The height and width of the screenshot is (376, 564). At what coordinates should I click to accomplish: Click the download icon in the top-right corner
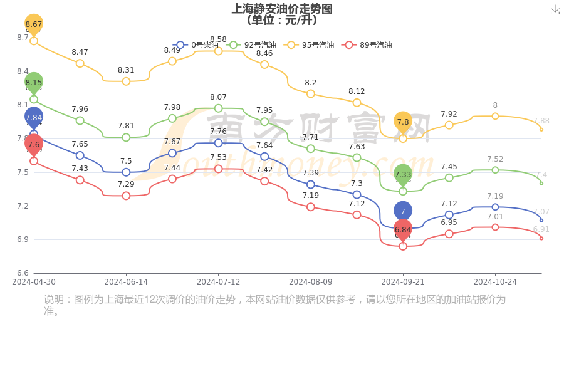tap(555, 9)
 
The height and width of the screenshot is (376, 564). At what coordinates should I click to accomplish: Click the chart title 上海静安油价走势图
tap(282, 9)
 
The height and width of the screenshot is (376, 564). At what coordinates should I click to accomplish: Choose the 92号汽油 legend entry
tap(252, 45)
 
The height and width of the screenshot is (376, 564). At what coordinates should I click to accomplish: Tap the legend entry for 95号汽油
tap(310, 45)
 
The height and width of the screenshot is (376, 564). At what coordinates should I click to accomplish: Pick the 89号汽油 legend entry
tap(367, 45)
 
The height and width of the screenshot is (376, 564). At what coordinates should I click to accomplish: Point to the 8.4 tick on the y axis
tap(23, 71)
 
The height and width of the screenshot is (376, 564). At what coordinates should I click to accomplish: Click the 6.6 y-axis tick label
tap(23, 273)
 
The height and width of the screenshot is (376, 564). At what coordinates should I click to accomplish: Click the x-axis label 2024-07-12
tap(218, 282)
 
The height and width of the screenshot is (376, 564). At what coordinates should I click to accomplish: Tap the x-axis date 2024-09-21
tap(403, 282)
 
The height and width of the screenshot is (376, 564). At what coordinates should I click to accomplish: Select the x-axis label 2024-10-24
tap(495, 282)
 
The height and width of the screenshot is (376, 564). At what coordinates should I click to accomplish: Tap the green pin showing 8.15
tap(34, 82)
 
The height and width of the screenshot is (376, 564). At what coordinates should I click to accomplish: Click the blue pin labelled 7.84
tap(34, 117)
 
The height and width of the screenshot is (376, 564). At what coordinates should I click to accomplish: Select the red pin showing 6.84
tap(403, 230)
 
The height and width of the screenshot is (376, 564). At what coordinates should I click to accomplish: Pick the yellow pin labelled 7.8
tap(403, 122)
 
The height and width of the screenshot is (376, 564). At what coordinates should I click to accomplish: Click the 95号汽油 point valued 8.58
tap(218, 51)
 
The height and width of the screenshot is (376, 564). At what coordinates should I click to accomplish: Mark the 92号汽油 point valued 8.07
tap(218, 108)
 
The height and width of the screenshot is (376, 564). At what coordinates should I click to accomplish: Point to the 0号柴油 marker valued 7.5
tap(126, 172)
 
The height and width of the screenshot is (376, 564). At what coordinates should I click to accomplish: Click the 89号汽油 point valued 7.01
tap(495, 227)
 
